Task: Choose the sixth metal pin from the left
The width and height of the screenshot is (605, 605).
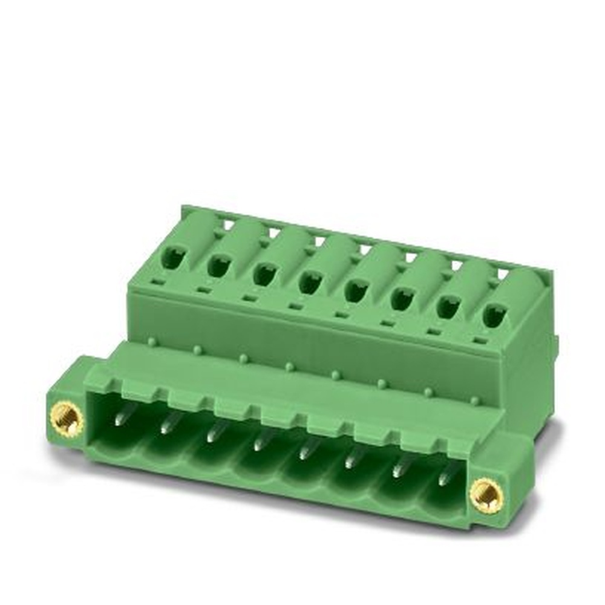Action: pos(350,460)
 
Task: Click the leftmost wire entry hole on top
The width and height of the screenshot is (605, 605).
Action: pos(173,258)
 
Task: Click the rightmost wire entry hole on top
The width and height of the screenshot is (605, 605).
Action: pos(494,316)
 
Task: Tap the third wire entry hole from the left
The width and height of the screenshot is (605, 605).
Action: pos(264,274)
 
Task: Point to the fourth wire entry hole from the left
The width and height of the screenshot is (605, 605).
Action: pos(309,283)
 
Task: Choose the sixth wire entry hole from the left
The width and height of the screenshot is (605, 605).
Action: pos(401,299)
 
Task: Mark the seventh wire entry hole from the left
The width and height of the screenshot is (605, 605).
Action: pos(448,307)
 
